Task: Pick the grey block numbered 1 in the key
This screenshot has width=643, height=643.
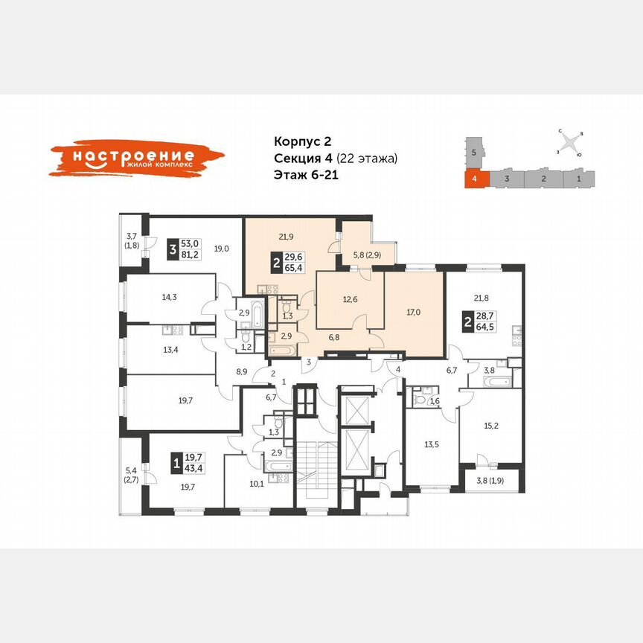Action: (578, 179)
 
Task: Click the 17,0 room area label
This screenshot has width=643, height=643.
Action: (414, 313)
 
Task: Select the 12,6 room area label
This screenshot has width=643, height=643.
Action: (350, 300)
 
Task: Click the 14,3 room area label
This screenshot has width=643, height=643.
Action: (170, 296)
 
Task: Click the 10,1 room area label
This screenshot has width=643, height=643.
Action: (257, 482)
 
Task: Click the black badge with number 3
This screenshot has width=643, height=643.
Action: (172, 250)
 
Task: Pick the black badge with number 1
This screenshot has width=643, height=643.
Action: (176, 464)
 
